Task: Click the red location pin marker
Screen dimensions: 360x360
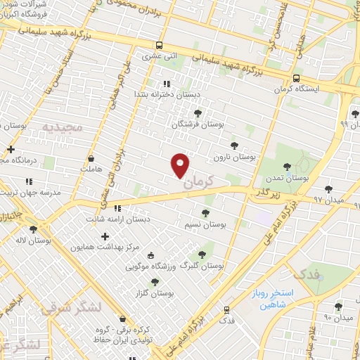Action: click(181, 165)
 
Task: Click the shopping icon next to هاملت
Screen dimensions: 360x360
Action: click(91, 159)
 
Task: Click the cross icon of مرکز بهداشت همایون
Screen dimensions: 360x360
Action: click(105, 237)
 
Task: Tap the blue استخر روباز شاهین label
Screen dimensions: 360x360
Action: click(275, 299)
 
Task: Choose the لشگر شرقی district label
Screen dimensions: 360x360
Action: click(70, 308)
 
